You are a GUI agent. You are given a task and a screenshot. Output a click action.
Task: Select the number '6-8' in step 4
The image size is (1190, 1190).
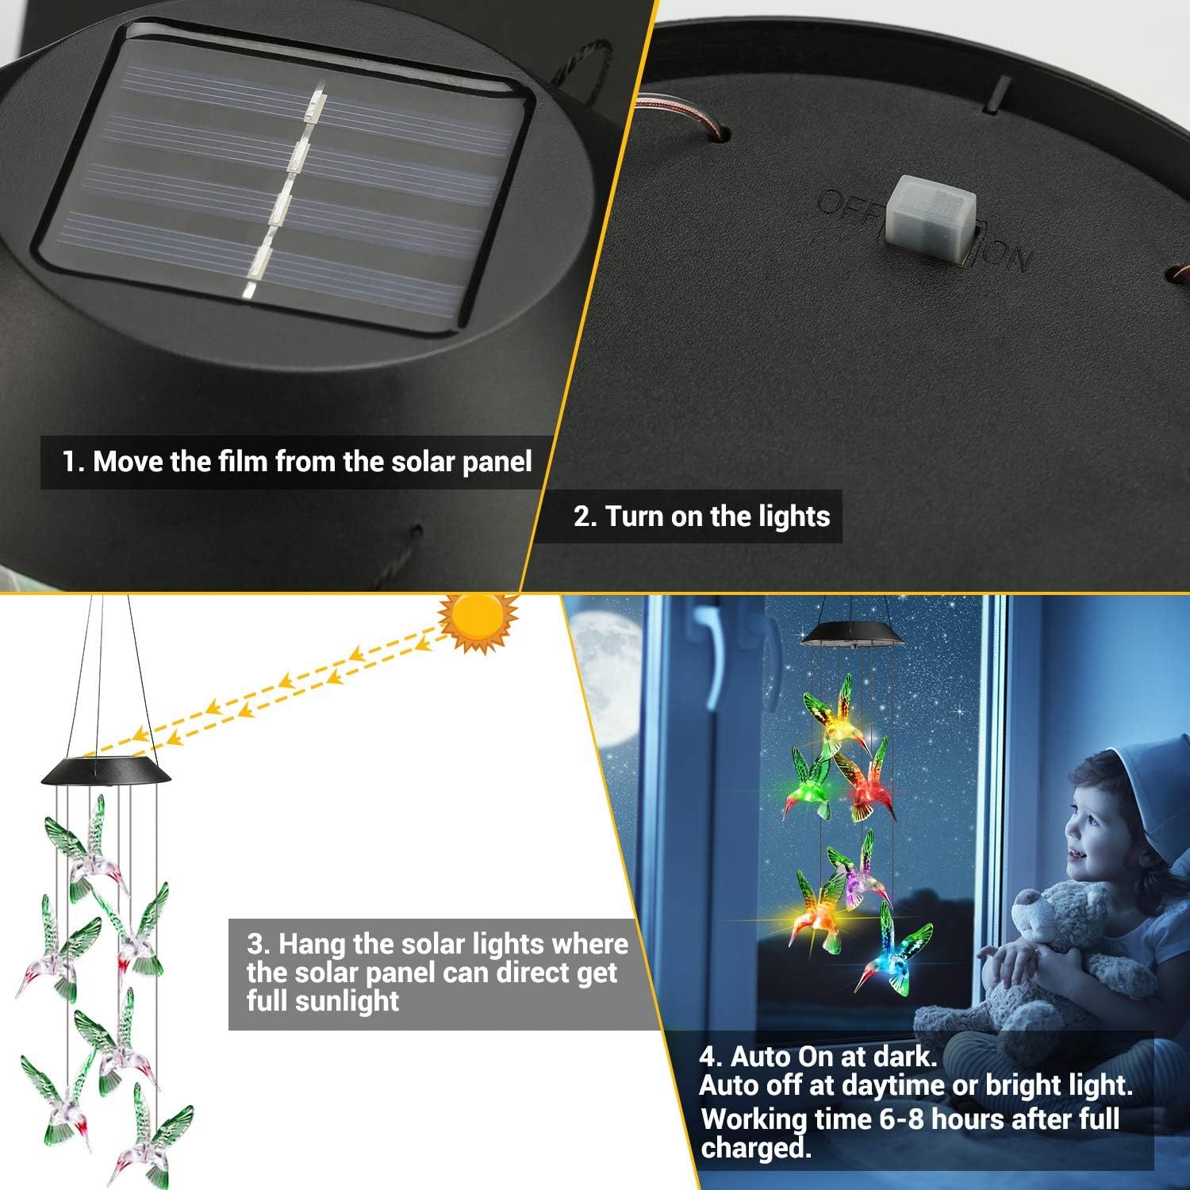893,1119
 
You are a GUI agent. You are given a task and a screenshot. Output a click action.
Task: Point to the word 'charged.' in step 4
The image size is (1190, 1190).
756,1148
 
